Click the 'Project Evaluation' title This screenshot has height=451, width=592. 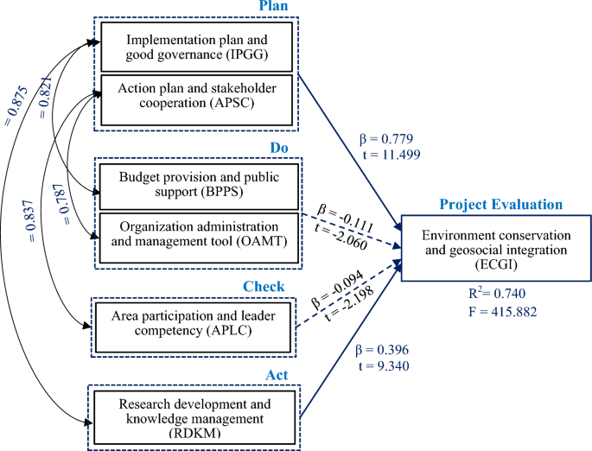coord(501,205)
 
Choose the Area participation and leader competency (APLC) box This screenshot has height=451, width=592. coord(198,325)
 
